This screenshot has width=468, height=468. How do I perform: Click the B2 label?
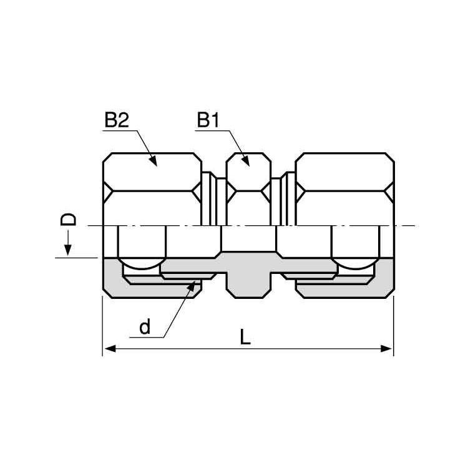(x=117, y=120)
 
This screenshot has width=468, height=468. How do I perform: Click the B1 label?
(x=208, y=120)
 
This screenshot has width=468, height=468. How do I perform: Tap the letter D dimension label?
(x=69, y=220)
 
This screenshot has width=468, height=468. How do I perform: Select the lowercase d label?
(x=145, y=327)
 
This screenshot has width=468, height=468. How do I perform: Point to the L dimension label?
(x=245, y=338)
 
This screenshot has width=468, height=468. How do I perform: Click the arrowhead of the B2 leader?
(x=153, y=160)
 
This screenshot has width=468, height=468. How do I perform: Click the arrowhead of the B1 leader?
(x=246, y=160)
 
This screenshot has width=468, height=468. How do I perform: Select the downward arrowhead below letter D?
(x=68, y=250)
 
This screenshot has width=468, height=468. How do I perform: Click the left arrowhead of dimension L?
(x=110, y=349)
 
